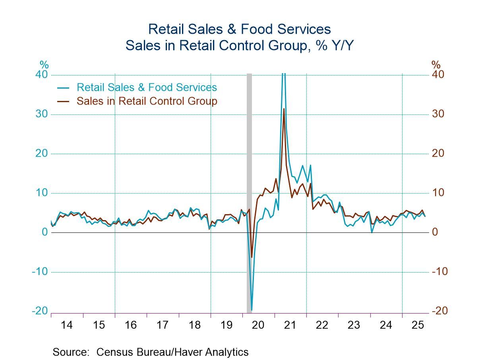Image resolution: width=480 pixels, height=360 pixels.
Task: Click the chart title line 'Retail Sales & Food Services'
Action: (x=239, y=29)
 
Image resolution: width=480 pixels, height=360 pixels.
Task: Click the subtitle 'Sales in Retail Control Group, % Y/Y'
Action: (x=239, y=46)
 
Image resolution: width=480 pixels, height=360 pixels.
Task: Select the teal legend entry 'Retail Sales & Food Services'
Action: (x=147, y=87)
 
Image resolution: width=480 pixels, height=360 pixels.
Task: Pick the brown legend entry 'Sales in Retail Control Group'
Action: (x=147, y=101)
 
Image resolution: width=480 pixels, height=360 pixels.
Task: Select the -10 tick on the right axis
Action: (x=440, y=272)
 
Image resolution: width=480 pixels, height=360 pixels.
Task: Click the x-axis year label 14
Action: (x=67, y=325)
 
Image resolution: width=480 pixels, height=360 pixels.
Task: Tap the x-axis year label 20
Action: (x=258, y=325)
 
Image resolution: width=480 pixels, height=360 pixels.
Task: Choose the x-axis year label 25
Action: (x=418, y=325)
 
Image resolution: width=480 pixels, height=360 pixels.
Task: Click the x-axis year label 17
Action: (x=163, y=325)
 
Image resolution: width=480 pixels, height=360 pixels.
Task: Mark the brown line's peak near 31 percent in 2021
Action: (x=284, y=109)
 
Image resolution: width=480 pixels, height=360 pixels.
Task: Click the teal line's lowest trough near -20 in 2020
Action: (x=252, y=310)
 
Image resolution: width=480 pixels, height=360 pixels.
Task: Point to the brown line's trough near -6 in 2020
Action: (x=252, y=257)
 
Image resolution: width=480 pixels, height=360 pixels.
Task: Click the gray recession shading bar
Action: (x=249, y=179)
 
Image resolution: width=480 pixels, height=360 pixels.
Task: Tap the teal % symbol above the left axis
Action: (x=44, y=65)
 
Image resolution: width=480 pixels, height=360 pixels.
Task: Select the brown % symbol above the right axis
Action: (x=436, y=65)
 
